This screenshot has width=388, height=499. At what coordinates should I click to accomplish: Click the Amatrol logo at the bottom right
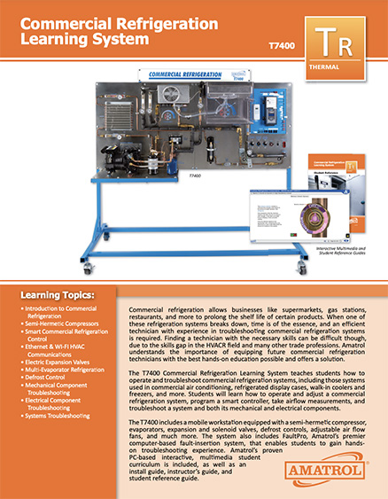point(337,463)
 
